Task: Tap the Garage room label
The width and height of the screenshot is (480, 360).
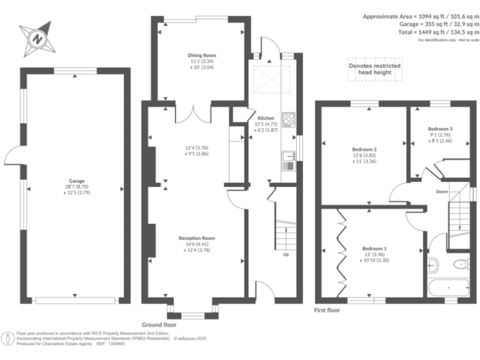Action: point(76,181)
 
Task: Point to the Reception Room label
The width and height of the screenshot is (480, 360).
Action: point(196,238)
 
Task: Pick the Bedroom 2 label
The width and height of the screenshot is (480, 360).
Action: point(364,149)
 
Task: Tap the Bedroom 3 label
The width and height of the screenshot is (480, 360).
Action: point(440,129)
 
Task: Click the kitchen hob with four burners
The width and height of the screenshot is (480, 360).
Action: point(289,119)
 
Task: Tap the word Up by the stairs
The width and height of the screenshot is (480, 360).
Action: point(286,254)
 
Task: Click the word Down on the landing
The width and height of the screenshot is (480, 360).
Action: point(442,192)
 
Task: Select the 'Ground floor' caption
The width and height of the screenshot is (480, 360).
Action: point(159,325)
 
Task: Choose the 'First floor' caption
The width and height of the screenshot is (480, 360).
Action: point(329,309)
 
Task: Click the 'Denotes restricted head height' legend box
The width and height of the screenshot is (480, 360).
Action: point(375,69)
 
